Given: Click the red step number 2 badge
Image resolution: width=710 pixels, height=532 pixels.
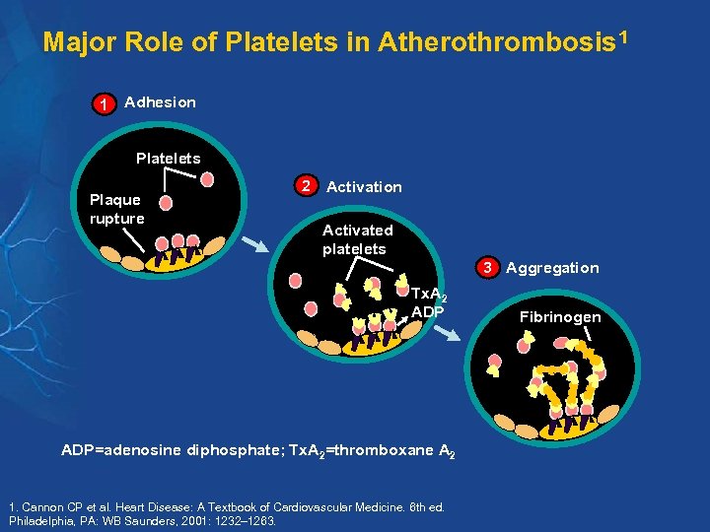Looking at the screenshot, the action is pyautogui.click(x=308, y=186).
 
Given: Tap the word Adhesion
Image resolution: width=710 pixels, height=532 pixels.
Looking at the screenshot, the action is pyautogui.click(x=161, y=102).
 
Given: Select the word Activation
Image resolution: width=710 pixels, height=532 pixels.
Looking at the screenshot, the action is pyautogui.click(x=364, y=187).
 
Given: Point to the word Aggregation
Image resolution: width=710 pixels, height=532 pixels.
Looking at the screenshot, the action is pyautogui.click(x=552, y=268).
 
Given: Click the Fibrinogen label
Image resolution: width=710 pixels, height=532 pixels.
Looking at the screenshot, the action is pyautogui.click(x=561, y=317).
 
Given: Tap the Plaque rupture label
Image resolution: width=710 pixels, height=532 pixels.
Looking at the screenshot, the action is pyautogui.click(x=116, y=209).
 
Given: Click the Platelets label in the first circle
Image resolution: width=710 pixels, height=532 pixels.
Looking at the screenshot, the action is pyautogui.click(x=168, y=159).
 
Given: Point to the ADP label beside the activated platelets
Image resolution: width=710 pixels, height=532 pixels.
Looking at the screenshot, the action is pyautogui.click(x=427, y=312).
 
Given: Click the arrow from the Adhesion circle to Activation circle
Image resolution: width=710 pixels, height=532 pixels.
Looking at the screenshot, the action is pyautogui.click(x=255, y=245).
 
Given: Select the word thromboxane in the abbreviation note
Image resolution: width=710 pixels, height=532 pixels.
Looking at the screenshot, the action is pyautogui.click(x=376, y=450).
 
